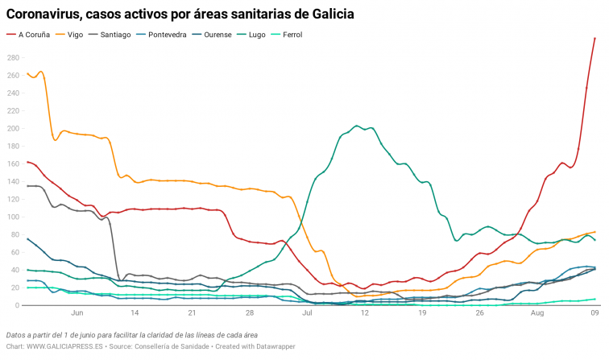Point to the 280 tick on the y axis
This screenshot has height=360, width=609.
(12, 58)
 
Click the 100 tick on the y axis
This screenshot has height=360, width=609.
(12, 217)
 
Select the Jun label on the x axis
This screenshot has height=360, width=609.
(77, 314)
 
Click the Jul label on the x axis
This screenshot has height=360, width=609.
(308, 314)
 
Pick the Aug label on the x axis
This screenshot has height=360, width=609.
(537, 314)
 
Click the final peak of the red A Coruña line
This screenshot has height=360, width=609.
(594, 39)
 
